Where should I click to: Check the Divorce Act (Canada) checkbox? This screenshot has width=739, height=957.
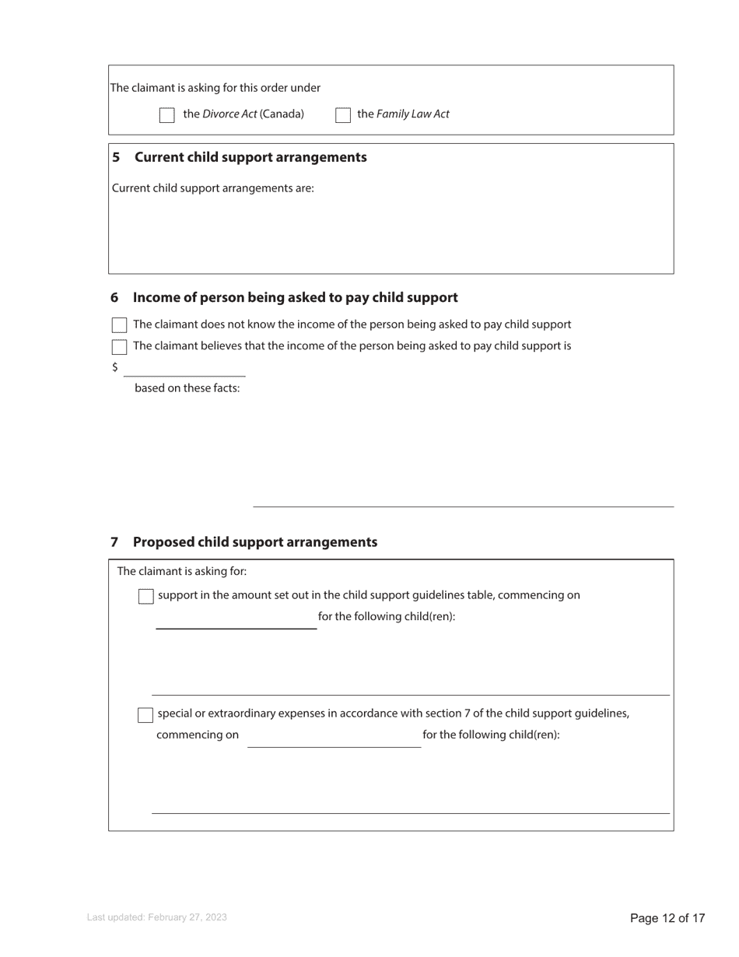coord(167,115)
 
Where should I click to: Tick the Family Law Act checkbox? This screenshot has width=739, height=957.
coord(343,115)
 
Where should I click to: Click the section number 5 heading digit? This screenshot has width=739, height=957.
coord(116,157)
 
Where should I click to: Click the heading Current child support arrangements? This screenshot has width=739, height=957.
coord(250,157)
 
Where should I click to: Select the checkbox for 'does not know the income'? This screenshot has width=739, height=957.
coord(119,325)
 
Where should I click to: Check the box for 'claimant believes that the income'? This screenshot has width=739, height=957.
coord(119,347)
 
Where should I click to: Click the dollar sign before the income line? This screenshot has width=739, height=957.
coord(115,367)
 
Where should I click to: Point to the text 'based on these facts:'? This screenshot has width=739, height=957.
coord(187,388)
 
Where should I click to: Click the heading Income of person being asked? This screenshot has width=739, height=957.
coord(295,298)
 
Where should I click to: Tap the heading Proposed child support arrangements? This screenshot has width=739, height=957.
coord(254,542)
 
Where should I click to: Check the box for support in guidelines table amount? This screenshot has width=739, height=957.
coord(145,597)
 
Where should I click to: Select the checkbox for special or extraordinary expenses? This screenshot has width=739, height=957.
coord(145,715)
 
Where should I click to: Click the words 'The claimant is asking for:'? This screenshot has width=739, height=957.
coord(182,572)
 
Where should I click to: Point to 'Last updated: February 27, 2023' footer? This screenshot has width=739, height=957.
coord(157,918)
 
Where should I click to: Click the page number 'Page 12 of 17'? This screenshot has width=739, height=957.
coord(667,919)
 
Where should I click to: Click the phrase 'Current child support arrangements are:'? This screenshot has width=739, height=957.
coord(213,188)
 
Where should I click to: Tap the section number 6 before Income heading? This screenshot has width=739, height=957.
coord(114,298)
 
